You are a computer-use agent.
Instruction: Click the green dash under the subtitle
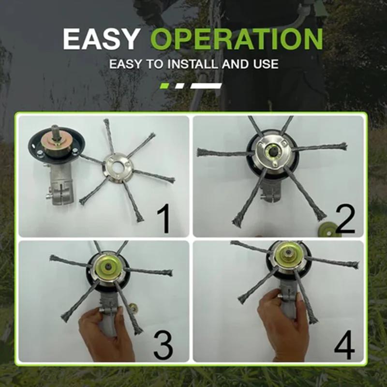pos(165,86)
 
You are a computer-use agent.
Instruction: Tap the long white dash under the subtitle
pos(206,86)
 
